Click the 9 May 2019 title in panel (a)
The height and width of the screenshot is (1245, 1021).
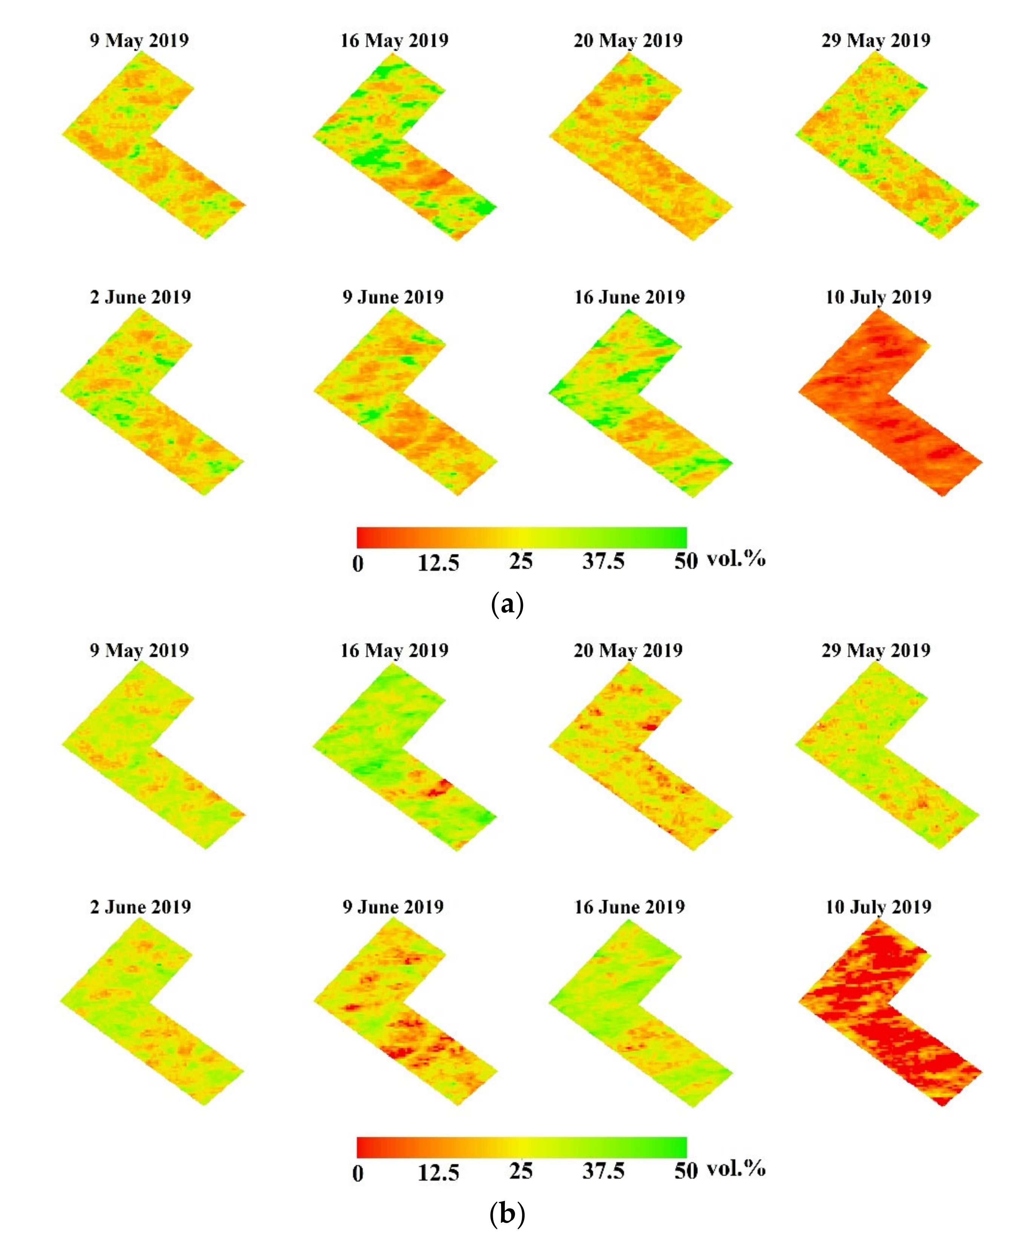139,41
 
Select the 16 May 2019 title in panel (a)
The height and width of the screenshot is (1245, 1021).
394,41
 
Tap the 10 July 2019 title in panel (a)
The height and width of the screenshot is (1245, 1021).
878,297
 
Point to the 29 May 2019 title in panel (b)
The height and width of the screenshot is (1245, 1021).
876,650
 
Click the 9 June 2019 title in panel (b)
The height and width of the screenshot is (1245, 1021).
393,907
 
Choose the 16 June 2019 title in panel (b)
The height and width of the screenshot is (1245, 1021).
629,907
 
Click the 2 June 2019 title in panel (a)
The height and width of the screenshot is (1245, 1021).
141,297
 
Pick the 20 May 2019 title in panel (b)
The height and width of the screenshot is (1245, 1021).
628,650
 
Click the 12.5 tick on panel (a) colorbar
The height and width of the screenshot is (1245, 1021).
438,563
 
